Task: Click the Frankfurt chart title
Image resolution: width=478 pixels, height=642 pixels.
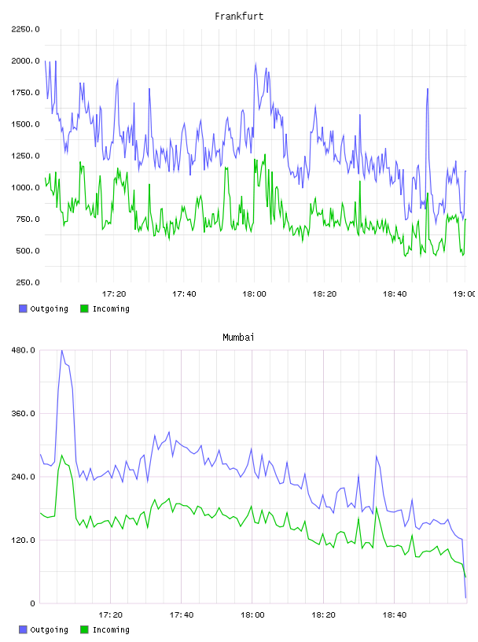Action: pos(239,17)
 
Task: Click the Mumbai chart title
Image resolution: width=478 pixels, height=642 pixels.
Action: pos(238,338)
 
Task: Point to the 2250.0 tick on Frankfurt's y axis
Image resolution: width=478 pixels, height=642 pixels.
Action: pos(26,29)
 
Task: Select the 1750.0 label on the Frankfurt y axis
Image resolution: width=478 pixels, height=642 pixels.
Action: pos(26,93)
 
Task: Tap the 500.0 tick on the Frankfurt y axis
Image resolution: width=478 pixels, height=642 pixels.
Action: pos(28,250)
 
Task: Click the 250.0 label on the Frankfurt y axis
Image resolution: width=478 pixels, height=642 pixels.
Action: pos(28,282)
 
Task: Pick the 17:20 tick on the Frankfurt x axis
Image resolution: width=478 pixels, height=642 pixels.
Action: pos(114,294)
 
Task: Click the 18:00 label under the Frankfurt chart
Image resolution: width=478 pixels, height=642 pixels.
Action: pos(254,294)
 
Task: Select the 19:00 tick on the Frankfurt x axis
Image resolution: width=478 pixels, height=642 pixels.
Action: pos(464,294)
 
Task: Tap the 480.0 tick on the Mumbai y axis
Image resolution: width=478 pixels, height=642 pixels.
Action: pos(24,350)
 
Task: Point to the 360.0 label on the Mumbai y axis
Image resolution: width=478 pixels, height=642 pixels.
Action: pos(24,414)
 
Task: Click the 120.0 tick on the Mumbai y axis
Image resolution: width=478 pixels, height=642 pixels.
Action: pos(24,540)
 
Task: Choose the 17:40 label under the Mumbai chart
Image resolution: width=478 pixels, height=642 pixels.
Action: pos(182,615)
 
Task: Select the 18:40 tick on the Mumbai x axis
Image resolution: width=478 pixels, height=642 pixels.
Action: pos(395,615)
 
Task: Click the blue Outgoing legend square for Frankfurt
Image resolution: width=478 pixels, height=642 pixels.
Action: pos(23,308)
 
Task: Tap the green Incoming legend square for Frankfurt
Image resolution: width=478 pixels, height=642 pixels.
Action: pos(84,308)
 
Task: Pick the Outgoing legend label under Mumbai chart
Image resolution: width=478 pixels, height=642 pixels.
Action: pos(49,629)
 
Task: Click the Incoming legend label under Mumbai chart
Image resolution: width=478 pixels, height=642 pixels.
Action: pos(111,629)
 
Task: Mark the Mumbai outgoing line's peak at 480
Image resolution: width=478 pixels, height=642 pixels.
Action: pos(62,351)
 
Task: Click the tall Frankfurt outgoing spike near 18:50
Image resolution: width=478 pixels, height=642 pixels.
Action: pos(427,89)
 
